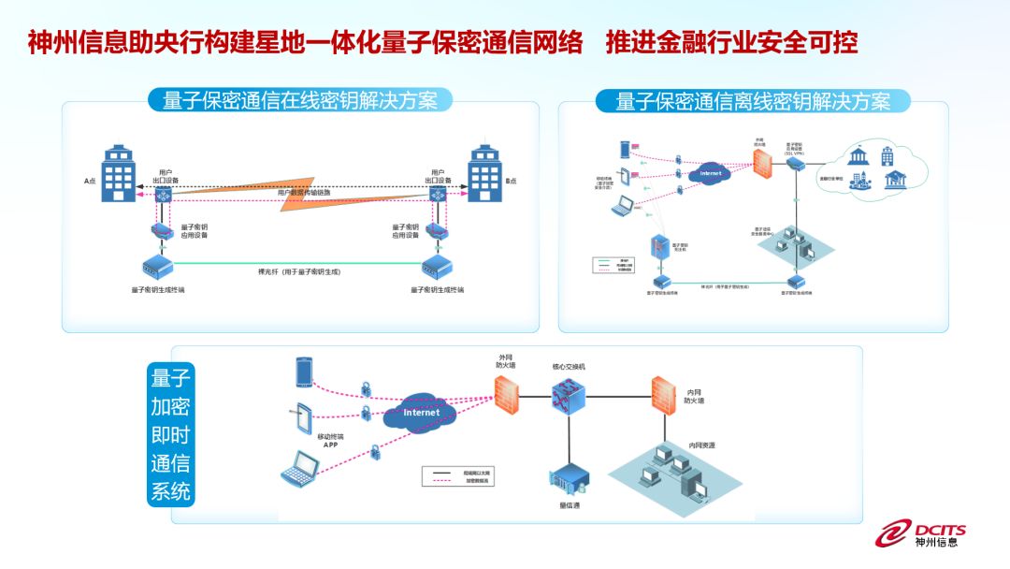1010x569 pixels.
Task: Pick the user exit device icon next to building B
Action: pos(438,195)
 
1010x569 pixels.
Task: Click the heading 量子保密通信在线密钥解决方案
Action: pos(299,100)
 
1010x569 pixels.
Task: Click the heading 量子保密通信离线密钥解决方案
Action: pos(753,101)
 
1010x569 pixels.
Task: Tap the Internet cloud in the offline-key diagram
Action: pos(710,173)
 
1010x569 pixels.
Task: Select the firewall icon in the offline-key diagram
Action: pos(763,165)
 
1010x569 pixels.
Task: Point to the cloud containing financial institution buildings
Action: pos(870,168)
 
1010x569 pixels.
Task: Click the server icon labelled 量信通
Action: pos(568,479)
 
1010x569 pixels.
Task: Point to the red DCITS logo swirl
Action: pos(892,533)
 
